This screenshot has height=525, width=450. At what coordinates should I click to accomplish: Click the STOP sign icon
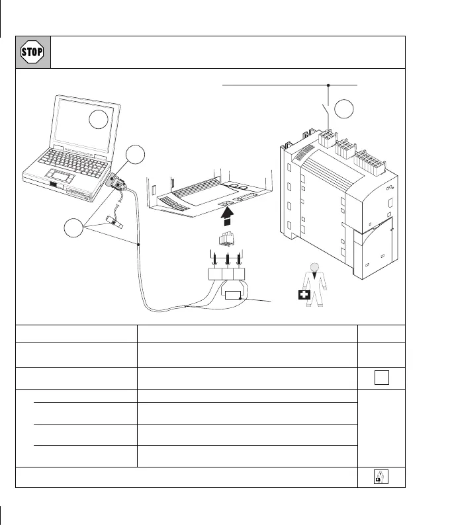(32, 52)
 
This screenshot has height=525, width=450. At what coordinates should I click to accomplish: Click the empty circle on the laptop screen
(98, 120)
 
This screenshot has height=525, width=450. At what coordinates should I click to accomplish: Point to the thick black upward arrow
(227, 216)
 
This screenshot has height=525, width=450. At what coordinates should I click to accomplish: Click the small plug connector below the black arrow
(227, 241)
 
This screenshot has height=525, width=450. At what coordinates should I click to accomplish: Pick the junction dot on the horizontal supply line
(328, 85)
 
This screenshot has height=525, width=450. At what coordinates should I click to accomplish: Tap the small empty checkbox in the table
(381, 378)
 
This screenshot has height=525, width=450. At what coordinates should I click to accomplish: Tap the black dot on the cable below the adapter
(139, 245)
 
